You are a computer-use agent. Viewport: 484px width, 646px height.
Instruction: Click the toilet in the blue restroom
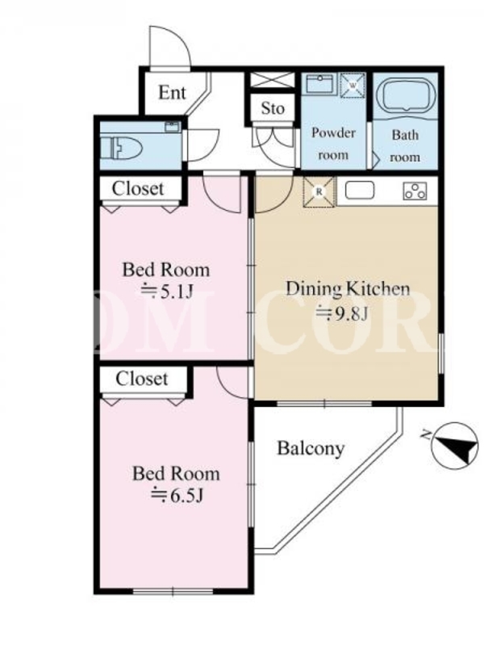tap(121, 148)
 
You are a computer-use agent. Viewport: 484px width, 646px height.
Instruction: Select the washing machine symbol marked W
tap(353, 85)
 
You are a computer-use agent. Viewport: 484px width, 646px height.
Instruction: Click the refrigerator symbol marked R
tap(319, 191)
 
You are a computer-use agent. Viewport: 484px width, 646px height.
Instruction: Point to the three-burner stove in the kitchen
tap(415, 191)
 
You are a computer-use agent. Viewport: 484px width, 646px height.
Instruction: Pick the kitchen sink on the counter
tap(359, 191)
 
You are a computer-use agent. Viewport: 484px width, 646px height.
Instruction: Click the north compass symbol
tap(454, 446)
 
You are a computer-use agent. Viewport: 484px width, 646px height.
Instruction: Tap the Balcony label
tap(311, 449)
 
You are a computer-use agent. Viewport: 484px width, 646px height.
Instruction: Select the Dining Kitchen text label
tap(348, 289)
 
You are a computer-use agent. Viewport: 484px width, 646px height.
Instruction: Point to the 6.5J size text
tap(177, 495)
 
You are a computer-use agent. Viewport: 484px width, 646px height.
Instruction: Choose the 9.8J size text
tap(341, 314)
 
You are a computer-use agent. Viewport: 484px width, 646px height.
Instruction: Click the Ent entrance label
tap(172, 93)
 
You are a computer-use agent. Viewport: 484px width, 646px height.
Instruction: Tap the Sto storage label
tap(273, 109)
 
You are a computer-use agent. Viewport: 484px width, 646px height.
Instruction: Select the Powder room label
tap(333, 144)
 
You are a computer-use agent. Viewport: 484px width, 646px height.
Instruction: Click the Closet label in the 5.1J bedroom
tap(138, 189)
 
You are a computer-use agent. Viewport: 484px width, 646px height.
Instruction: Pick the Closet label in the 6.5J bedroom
tap(142, 379)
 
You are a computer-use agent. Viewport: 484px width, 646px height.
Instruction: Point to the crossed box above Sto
tap(273, 80)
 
